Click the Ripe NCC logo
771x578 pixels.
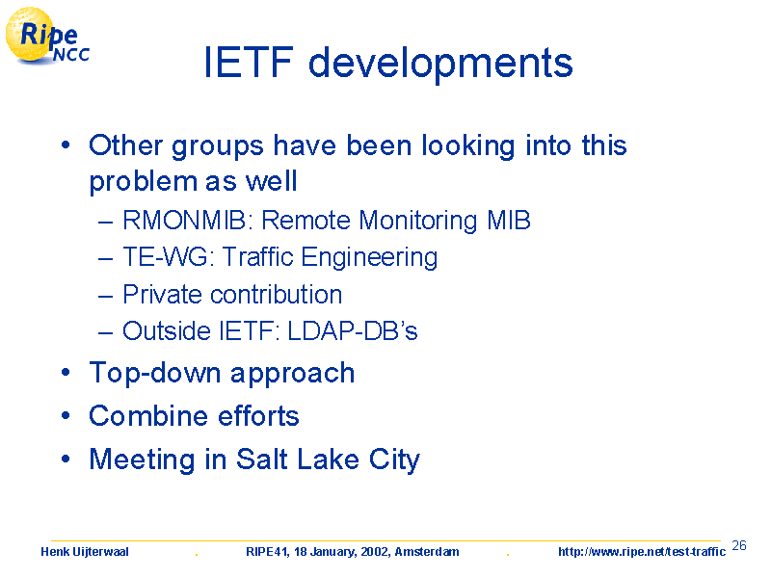tap(47, 37)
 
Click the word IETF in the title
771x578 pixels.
tap(249, 62)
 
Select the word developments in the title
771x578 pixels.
tap(440, 65)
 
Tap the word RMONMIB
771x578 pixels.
tap(184, 221)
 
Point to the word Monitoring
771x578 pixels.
tap(418, 222)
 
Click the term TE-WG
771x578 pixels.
tap(165, 257)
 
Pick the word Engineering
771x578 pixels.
tap(369, 258)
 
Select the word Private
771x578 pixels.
tap(162, 294)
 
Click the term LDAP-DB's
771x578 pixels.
tap(353, 330)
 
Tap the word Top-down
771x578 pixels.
tap(155, 373)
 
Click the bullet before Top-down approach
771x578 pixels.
tap(66, 372)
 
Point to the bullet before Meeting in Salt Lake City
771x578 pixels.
tap(66, 459)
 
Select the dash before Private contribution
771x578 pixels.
tap(106, 297)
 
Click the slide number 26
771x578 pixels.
tap(739, 545)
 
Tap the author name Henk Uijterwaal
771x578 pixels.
tap(85, 552)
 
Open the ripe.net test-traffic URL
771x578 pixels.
tap(642, 552)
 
